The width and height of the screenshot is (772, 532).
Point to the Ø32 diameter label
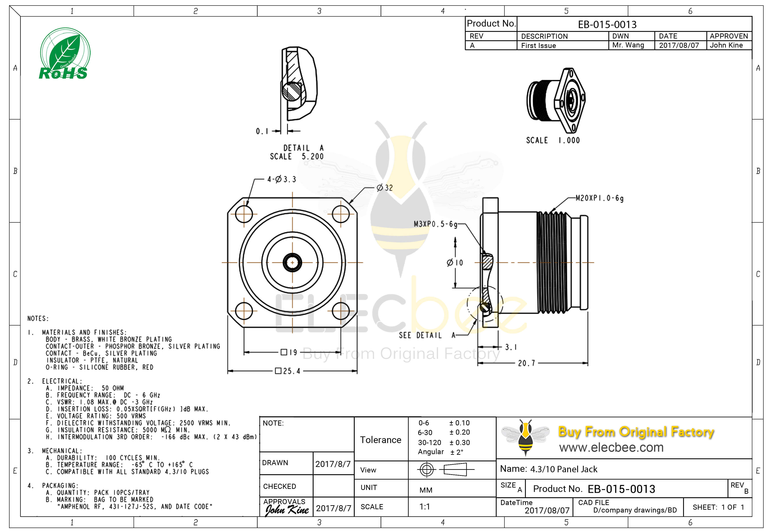pos(385,188)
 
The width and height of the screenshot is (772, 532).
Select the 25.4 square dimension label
pos(288,371)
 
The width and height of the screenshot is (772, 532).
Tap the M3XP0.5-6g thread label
pos(435,224)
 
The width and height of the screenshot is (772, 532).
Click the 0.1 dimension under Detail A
pos(262,131)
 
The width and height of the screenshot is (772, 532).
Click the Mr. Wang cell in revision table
pos(628,45)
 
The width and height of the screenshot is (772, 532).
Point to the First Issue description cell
pos(538,45)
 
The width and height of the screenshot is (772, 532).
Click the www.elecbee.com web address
pos(611,447)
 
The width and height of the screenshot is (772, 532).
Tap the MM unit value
pos(426,490)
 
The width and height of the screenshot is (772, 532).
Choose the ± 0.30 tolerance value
pos(460,442)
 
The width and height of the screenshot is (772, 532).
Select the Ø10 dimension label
pos(455,263)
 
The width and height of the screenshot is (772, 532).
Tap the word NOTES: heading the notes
pos(38,318)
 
